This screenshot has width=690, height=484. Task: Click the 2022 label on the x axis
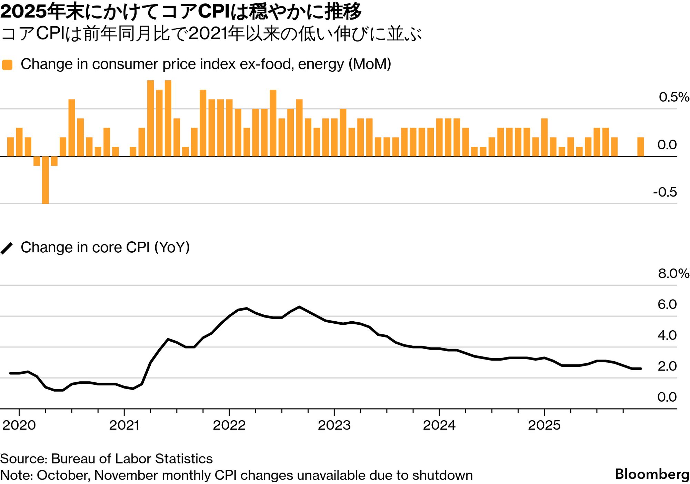point(229,425)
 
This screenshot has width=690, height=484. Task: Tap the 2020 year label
point(19,425)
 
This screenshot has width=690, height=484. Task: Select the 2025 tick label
point(544,425)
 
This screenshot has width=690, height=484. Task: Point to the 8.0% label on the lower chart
point(673,273)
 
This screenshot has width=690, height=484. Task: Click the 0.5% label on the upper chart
point(673,97)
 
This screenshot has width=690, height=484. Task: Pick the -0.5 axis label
point(664,192)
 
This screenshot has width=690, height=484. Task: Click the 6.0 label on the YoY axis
point(667,304)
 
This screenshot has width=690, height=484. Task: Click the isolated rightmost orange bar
point(640,147)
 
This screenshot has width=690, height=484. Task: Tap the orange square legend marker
point(7,65)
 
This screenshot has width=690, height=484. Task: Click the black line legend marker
point(7,248)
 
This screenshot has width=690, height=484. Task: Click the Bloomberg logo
point(652,474)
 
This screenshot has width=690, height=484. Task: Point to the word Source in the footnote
point(23,459)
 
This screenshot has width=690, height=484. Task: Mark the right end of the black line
point(641,369)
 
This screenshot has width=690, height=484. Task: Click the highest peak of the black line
point(299,307)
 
